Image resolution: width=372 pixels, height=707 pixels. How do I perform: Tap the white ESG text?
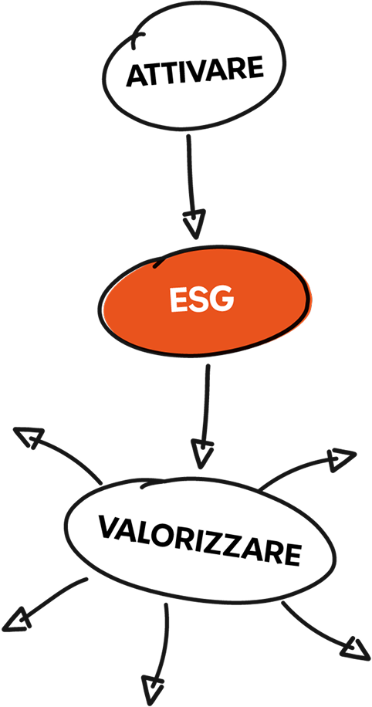[202, 299]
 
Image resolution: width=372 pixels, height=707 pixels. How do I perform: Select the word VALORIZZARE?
[200, 540]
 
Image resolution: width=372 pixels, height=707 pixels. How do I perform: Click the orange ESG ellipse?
[205, 300]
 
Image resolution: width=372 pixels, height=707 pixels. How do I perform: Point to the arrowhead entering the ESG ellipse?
[194, 224]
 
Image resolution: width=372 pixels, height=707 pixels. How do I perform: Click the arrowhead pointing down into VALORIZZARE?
[201, 454]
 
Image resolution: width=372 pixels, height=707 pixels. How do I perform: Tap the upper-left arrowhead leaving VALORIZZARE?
[29, 436]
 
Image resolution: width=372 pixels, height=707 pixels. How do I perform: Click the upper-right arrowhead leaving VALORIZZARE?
[342, 459]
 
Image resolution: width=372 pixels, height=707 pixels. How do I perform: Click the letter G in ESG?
[222, 299]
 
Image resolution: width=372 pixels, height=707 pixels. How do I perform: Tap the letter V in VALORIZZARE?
[110, 527]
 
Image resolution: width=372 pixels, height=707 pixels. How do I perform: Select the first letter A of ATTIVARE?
[136, 76]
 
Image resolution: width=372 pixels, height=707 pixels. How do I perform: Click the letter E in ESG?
[178, 299]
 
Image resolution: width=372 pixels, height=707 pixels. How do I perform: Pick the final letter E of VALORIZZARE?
[293, 555]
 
